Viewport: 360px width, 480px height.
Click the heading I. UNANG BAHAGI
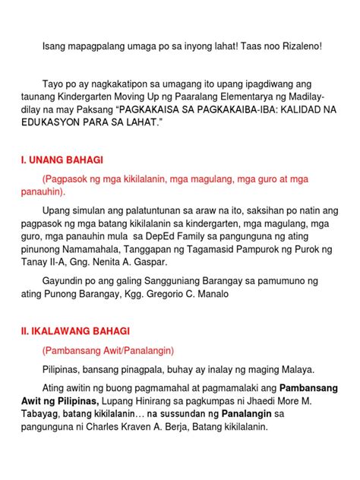click(x=63, y=160)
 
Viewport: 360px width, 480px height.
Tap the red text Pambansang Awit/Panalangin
click(x=109, y=351)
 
